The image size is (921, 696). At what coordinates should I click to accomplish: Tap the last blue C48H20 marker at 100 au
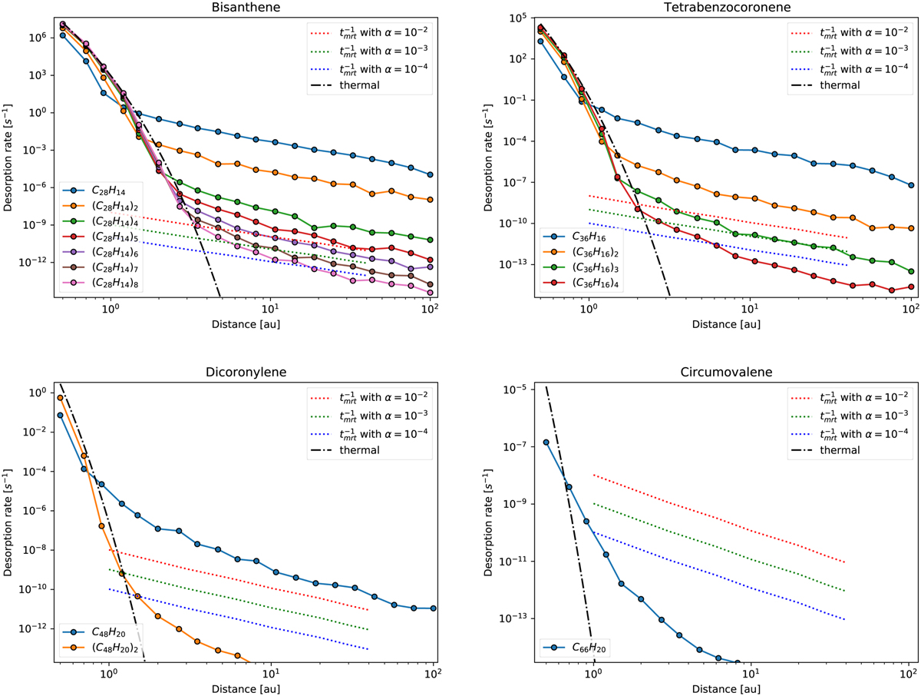pos(434,608)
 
